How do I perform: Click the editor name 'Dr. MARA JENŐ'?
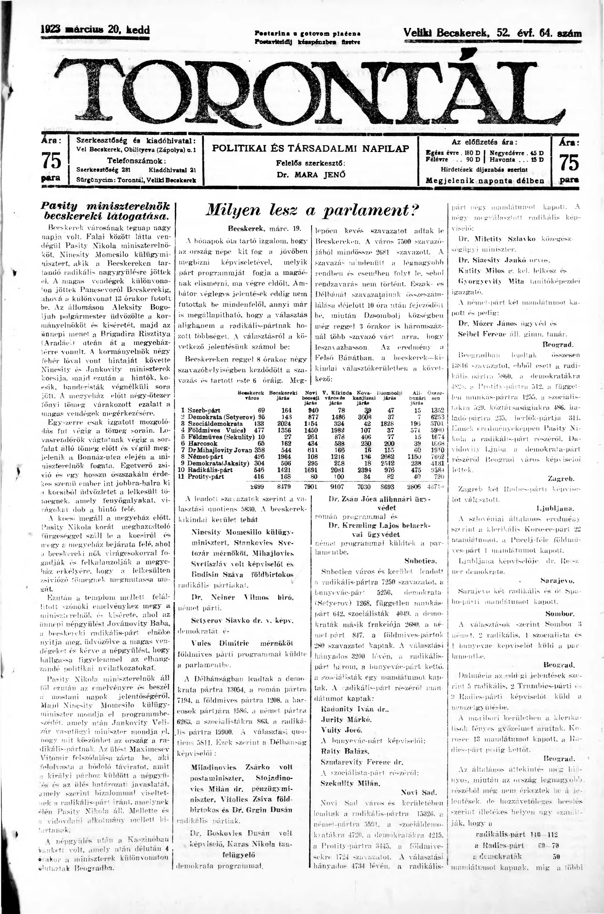point(311,174)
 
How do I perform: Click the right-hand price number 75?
point(569,162)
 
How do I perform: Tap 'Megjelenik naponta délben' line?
point(485,180)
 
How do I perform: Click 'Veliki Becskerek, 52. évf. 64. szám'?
point(492,33)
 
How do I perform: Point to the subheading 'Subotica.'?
point(420,560)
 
